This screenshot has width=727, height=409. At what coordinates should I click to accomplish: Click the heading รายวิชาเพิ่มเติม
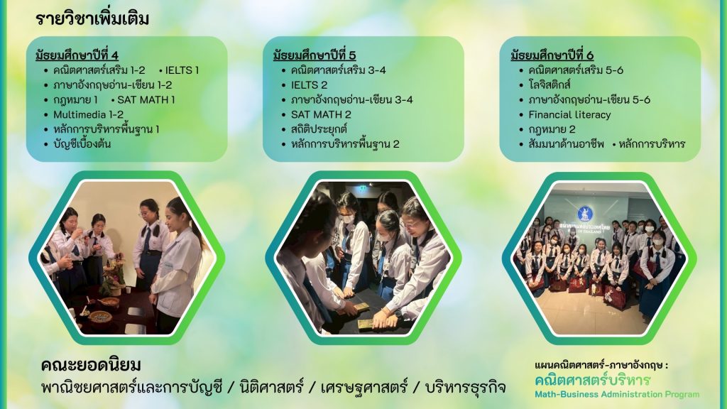tap(92, 19)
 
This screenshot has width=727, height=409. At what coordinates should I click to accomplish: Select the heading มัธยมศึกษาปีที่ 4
tap(77, 55)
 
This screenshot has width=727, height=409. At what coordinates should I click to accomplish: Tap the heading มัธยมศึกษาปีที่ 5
tap(315, 55)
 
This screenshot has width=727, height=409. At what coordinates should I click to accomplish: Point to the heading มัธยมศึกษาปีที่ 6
tap(552, 55)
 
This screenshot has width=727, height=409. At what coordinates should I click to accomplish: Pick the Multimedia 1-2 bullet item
tap(89, 114)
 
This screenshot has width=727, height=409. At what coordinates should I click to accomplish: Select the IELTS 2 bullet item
tap(310, 85)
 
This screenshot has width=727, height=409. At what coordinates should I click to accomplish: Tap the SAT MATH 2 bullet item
tap(321, 114)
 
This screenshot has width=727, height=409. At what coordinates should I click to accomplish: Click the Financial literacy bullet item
tap(570, 114)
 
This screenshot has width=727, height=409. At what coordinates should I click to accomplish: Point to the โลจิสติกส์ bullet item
tap(550, 85)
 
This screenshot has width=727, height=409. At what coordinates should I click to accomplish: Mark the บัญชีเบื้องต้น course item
tap(82, 143)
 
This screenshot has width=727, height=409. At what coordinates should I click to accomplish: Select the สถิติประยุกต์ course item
tap(319, 129)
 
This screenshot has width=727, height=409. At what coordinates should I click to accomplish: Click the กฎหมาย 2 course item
tap(552, 129)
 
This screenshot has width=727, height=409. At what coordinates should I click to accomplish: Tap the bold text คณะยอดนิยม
tap(91, 366)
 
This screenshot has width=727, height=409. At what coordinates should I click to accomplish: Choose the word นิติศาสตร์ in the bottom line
tap(271, 387)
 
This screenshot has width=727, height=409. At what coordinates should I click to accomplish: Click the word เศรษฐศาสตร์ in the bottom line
tap(364, 387)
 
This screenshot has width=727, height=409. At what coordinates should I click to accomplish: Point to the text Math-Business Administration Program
tap(617, 395)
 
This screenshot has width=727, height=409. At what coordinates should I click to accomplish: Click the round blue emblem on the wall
tap(585, 214)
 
